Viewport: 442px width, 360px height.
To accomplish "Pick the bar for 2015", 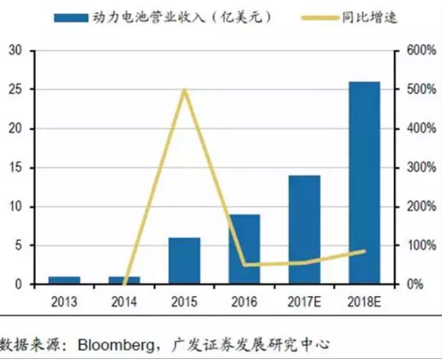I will [x=184, y=260].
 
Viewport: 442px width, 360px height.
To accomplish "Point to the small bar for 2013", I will [x=65, y=280].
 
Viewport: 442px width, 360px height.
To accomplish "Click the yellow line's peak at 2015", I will [x=184, y=90].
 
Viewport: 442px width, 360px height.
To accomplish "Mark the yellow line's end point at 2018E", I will [x=365, y=250].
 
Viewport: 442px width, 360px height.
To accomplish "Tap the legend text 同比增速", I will [x=358, y=18].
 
